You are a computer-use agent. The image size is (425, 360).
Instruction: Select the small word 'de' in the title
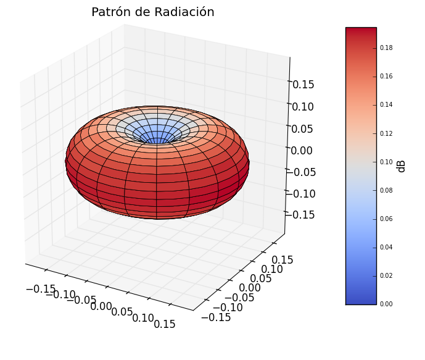coord(139,12)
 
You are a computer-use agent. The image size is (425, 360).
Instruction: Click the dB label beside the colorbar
coord(402,166)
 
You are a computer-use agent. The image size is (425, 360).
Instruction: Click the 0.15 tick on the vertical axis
coord(303,85)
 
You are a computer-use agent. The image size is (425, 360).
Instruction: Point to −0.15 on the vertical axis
coord(300,214)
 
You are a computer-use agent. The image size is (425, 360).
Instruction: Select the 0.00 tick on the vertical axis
coord(303,150)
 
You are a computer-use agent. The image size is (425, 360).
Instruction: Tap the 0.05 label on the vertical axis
coord(303,128)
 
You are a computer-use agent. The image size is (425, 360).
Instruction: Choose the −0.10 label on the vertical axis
coord(300,193)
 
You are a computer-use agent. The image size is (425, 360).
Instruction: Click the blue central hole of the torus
coord(157,137)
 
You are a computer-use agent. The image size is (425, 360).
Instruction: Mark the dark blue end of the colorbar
coord(361,299)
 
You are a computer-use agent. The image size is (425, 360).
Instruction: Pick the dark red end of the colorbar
coord(361,32)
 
